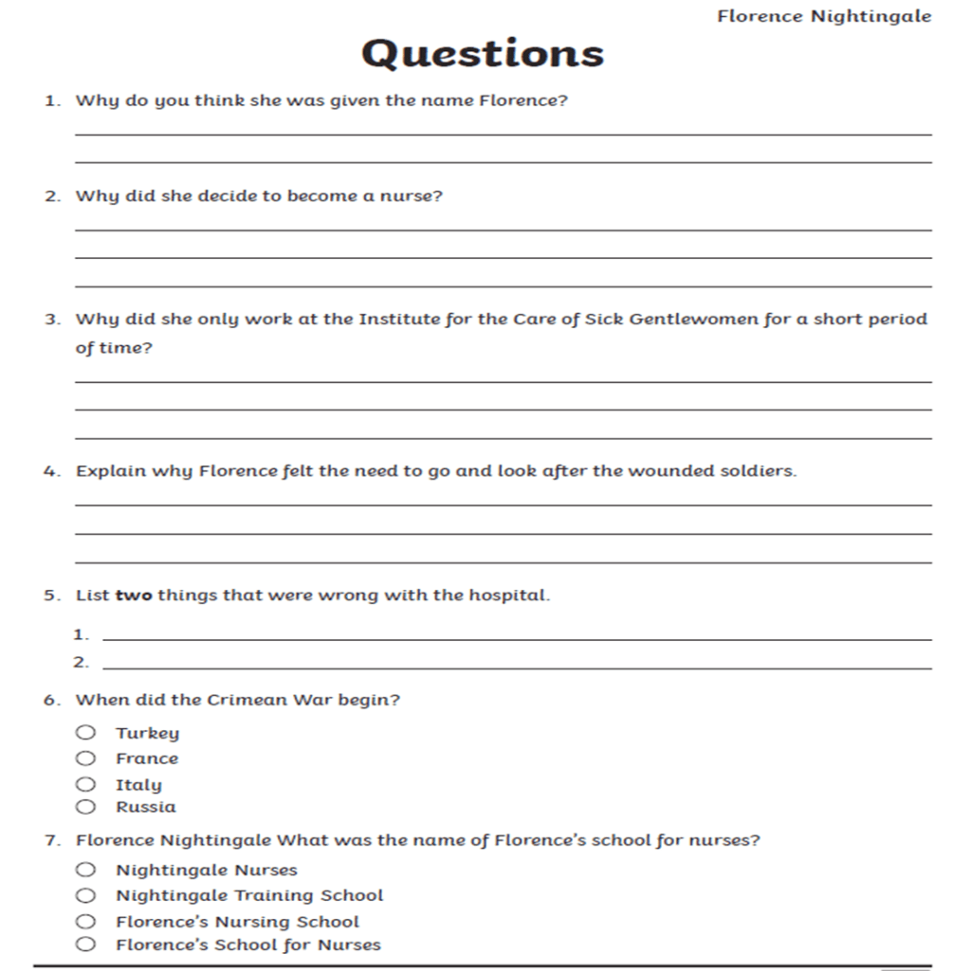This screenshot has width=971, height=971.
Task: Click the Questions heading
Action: [482, 53]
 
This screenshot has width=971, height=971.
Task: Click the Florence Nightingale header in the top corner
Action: [824, 16]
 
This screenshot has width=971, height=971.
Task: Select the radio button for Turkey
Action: [86, 732]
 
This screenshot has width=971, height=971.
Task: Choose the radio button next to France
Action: [86, 758]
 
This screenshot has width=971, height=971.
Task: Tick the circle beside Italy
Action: [86, 784]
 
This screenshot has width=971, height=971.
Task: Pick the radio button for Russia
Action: [86, 807]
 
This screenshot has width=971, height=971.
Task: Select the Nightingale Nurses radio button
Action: [86, 870]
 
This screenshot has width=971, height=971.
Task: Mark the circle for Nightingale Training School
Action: [86, 895]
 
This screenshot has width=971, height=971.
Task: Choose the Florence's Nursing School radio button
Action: [86, 921]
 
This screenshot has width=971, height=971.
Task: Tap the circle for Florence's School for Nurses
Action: [86, 944]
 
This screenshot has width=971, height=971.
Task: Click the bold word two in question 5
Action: [133, 595]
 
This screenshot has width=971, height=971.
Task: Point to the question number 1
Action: [51, 101]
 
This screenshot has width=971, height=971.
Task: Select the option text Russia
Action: [146, 807]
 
